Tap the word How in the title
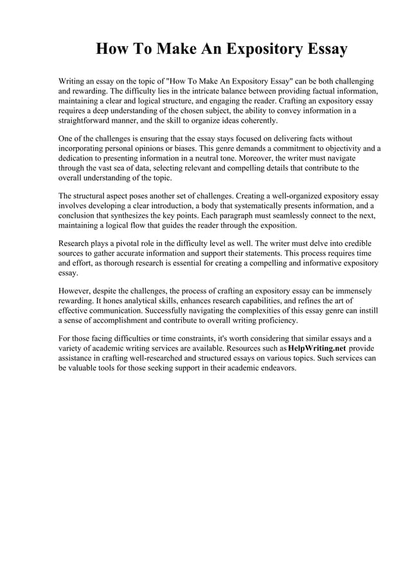coord(113,49)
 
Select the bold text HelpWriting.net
coord(317,347)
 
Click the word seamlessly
coord(308,215)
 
